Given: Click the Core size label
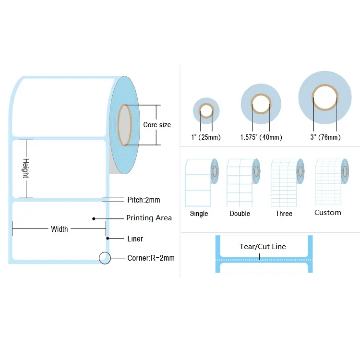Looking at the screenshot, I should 157,125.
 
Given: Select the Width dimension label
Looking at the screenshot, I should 60,229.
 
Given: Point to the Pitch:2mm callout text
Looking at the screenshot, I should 144,200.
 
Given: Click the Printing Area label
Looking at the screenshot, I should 149,218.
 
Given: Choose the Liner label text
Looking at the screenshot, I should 135,239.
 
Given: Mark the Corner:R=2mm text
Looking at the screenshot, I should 151,258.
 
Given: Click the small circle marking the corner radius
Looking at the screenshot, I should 105,258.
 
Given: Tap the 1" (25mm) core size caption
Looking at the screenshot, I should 206,137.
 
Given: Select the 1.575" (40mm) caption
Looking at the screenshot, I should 261,137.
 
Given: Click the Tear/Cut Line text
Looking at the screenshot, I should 263,247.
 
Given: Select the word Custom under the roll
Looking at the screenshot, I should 328,213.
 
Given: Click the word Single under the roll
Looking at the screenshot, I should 199,214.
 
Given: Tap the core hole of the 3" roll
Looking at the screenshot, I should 325,98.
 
